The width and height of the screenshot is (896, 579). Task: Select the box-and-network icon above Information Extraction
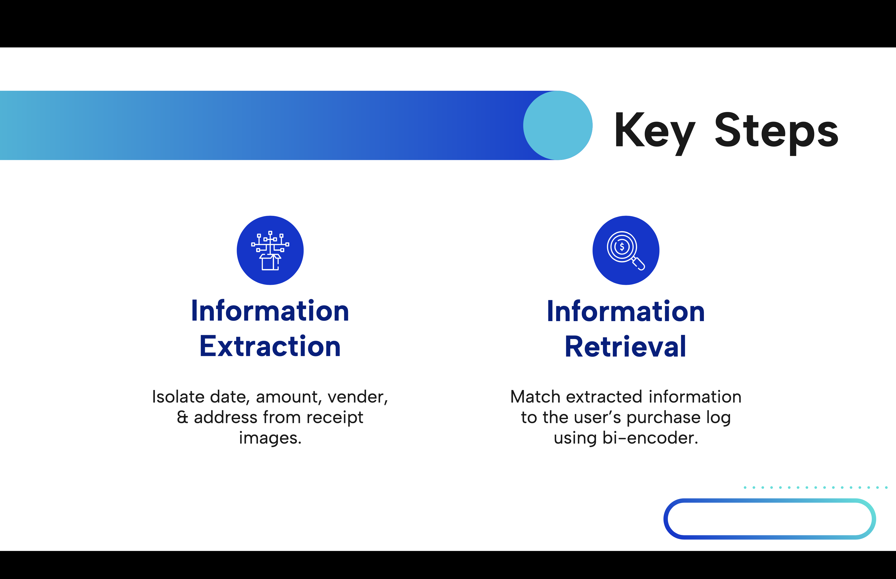pos(270,250)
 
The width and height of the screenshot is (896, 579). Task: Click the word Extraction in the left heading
pos(270,346)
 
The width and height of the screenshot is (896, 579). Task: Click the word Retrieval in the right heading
pos(626,346)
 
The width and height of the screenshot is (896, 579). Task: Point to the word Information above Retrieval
pos(626,311)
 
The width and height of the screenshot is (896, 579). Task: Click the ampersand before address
pos(182,417)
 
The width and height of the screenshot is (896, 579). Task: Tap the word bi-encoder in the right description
pos(650,438)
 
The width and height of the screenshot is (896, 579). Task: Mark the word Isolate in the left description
pos(178,397)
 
